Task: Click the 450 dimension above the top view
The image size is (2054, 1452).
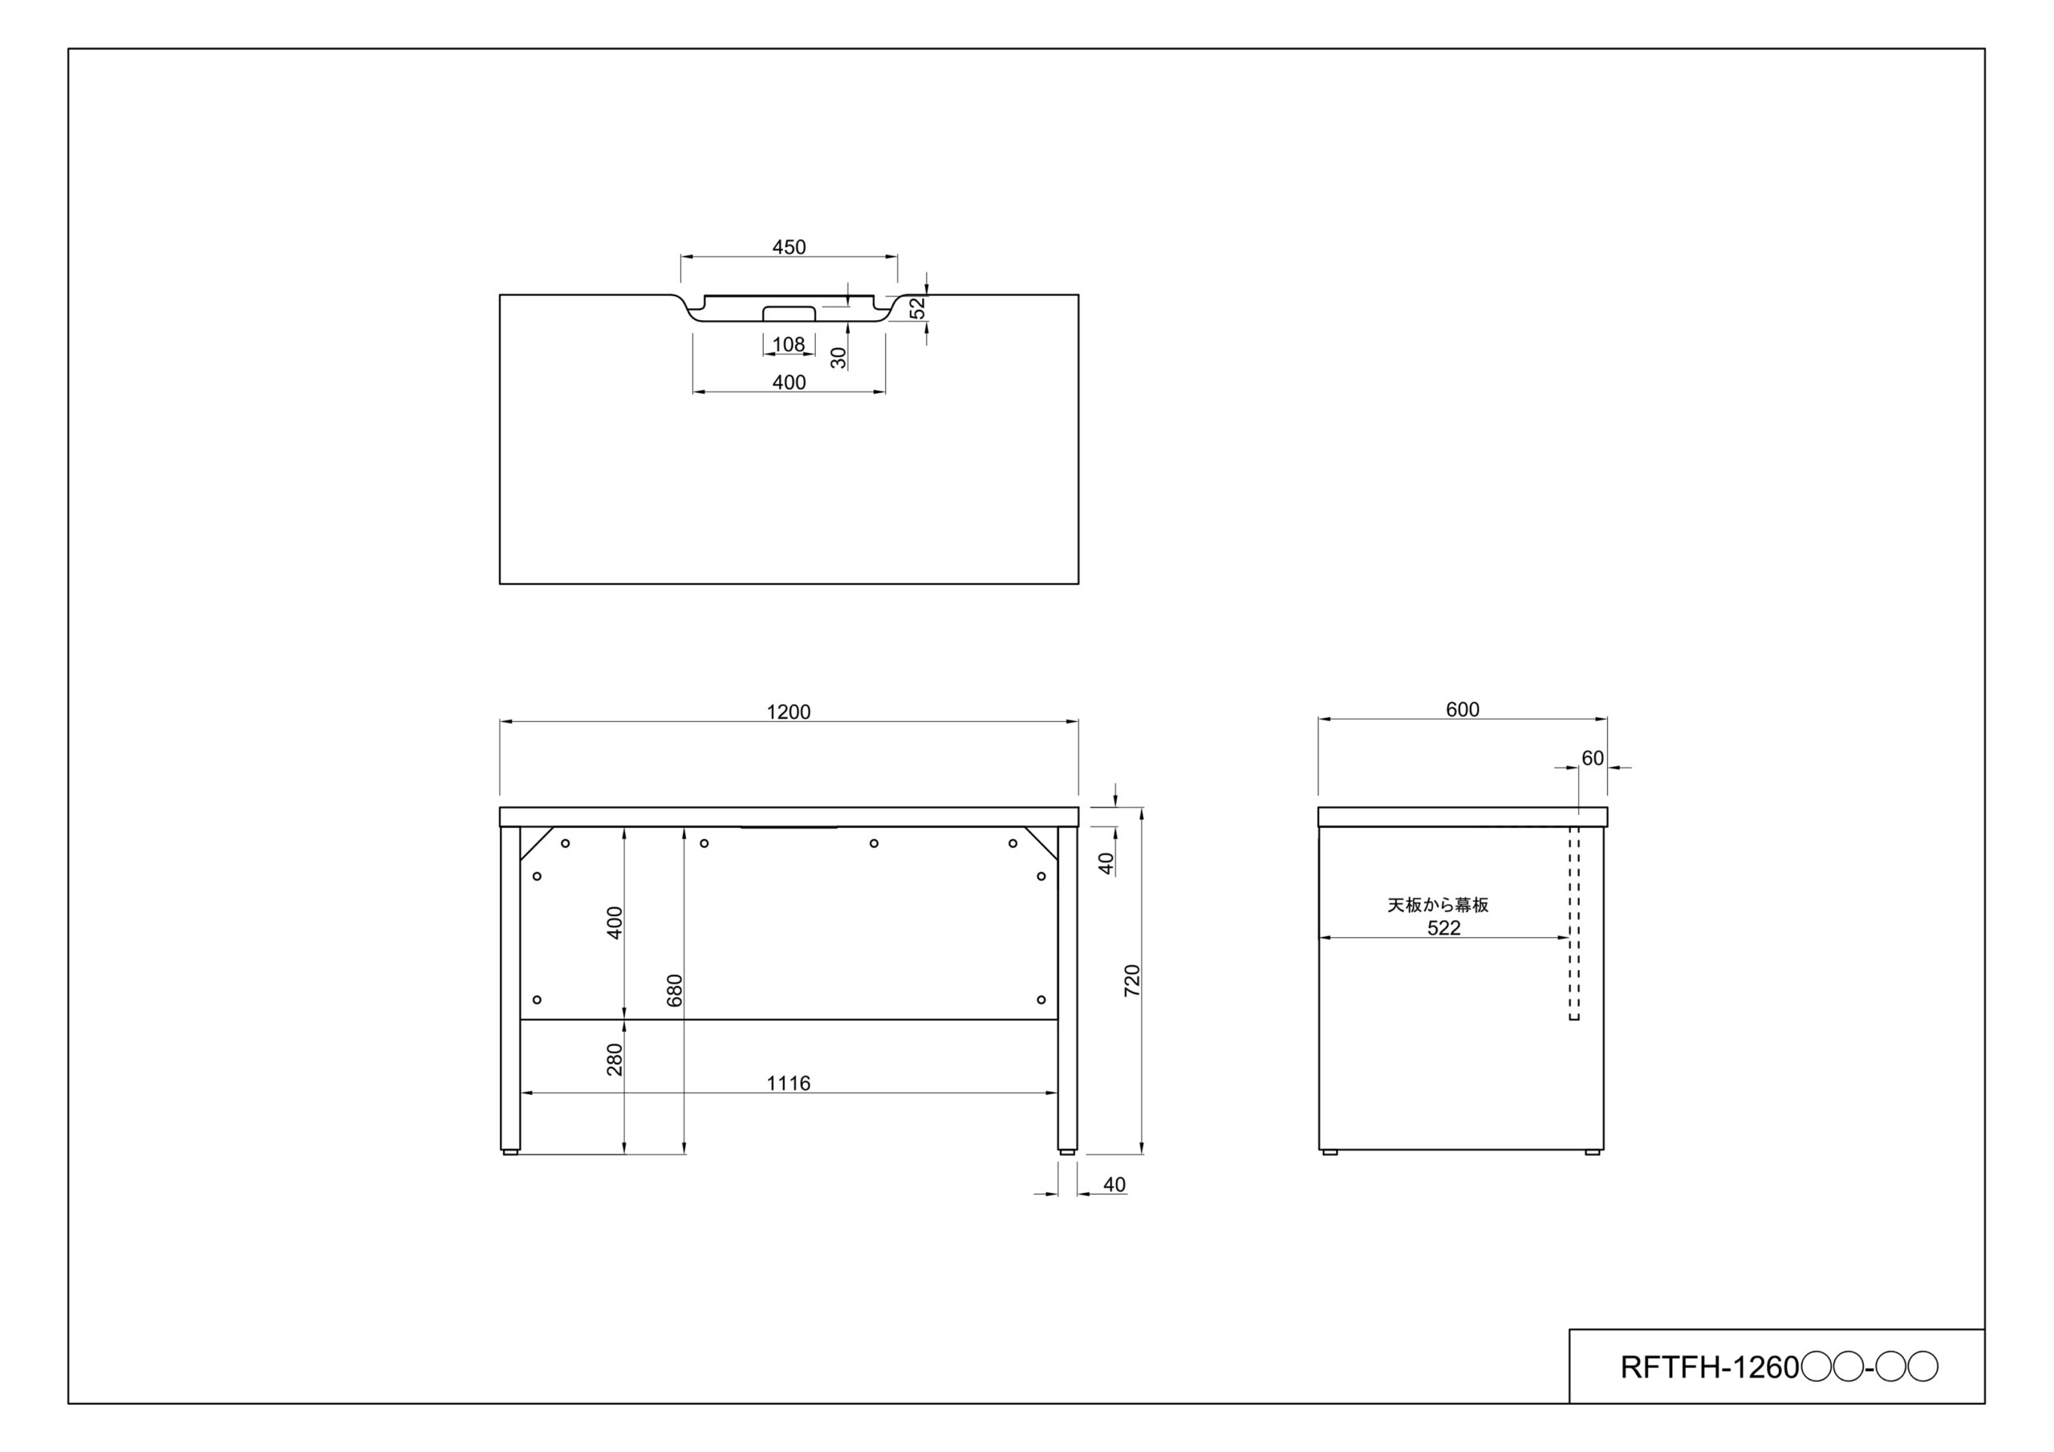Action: [x=789, y=247]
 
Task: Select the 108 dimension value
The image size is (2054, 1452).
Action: [x=788, y=344]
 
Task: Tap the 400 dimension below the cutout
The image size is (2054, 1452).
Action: [x=789, y=383]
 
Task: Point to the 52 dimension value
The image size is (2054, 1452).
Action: [x=918, y=309]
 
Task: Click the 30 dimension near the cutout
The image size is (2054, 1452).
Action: [x=838, y=358]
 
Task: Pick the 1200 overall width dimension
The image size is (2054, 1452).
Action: [x=789, y=712]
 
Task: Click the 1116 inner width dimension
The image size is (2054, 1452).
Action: [x=788, y=1084]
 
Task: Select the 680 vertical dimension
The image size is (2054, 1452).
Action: [x=675, y=991]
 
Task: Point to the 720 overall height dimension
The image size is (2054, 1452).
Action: [x=1133, y=980]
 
